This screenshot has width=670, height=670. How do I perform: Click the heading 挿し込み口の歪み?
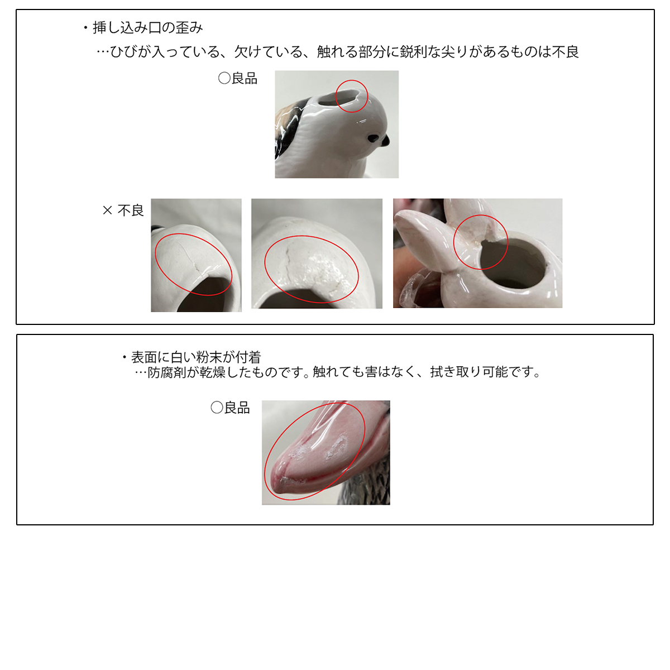pyautogui.click(x=147, y=28)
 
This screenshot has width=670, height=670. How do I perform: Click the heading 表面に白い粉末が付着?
pyautogui.click(x=196, y=357)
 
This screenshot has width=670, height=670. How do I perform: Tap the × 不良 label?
pyautogui.click(x=123, y=210)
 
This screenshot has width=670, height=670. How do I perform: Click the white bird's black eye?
pyautogui.click(x=373, y=138)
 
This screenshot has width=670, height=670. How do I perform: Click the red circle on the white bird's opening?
pyautogui.click(x=352, y=80)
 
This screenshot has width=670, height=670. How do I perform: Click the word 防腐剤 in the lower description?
pyautogui.click(x=167, y=372)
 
